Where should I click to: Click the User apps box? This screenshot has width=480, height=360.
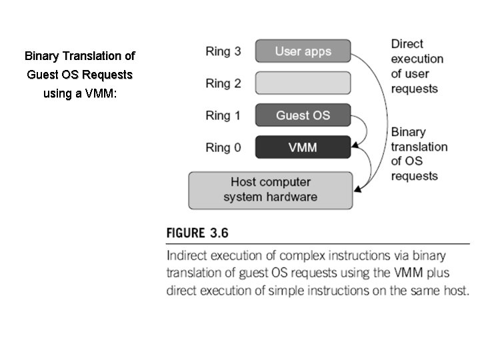point(303,51)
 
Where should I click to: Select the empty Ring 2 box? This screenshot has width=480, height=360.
point(303,83)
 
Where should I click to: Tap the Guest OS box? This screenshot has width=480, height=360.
point(303,115)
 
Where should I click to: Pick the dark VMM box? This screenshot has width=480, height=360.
point(303,147)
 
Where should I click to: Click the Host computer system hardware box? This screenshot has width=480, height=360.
point(271,189)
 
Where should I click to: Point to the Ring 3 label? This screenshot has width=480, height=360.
point(223,51)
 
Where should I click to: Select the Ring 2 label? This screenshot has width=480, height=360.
point(223,83)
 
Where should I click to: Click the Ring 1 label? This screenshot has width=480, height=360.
point(223,115)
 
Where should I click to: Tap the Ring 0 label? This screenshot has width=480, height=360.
point(223,147)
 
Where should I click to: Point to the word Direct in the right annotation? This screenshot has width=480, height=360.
point(407,44)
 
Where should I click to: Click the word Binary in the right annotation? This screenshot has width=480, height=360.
point(408,132)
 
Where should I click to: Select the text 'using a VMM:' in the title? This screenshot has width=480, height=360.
point(80,93)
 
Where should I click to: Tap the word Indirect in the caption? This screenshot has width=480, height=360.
point(188,256)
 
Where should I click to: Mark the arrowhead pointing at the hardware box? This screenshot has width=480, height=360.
point(357,191)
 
